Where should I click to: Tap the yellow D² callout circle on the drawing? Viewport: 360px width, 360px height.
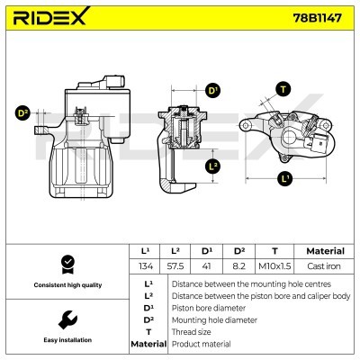click(23, 113)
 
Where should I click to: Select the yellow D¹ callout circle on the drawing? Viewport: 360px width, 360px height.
click(213, 90)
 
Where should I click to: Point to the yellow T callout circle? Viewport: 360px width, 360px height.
click(284, 88)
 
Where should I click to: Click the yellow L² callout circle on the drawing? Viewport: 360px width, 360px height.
click(213, 166)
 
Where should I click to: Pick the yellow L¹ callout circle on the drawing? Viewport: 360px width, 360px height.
click(285, 179)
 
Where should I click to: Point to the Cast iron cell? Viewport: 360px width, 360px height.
click(326, 267)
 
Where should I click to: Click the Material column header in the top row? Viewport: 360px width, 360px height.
click(326, 251)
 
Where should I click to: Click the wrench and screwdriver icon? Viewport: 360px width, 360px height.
click(65, 320)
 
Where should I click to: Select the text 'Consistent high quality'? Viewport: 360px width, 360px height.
click(65, 285)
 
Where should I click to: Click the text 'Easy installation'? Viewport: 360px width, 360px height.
click(65, 341)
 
